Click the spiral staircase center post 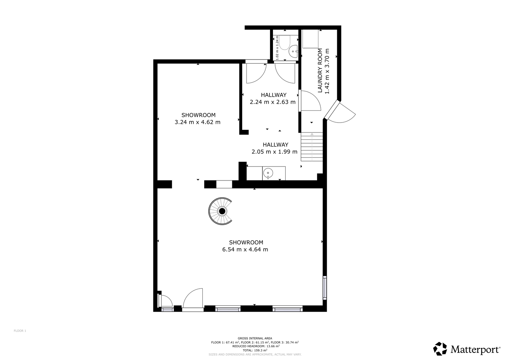coord(222,211)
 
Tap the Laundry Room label coord(320,70)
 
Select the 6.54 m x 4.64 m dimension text coord(245,250)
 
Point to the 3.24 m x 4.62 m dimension coord(198,122)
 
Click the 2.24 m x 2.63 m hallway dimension coord(273,102)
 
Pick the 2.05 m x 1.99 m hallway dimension coord(275,152)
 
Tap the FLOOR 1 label coord(20,331)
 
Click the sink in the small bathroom coord(293,52)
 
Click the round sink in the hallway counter coord(268,173)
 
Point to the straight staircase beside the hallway coord(312,147)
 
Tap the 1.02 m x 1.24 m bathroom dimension coord(277,48)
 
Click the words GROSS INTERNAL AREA coord(255,338)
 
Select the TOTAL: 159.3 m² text coord(255,350)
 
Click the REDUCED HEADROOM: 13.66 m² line coord(256,346)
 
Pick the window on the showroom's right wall coord(325,288)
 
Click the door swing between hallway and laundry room coord(310,101)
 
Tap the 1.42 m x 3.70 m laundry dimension coord(327,71)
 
